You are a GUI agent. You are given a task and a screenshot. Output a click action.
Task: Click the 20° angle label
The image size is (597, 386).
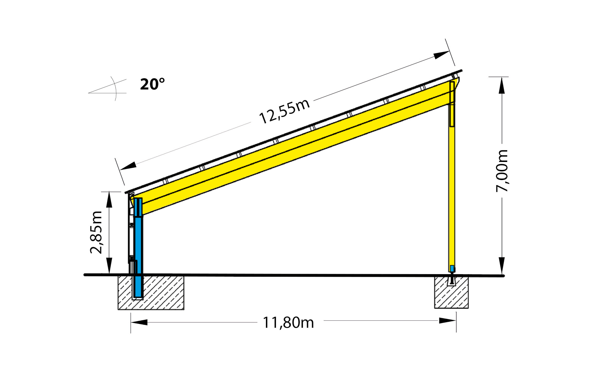pos(152,84)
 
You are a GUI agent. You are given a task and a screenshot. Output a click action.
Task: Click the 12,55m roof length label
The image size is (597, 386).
pos(284,111)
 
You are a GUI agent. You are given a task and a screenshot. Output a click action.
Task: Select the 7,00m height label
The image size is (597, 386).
pos(502,171)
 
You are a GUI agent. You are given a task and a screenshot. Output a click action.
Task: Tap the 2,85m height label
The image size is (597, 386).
pos(96,232)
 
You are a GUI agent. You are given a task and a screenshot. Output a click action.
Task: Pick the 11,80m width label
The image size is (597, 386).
pos(288,323)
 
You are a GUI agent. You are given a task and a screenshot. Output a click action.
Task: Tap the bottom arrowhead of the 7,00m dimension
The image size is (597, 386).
pos(501,266)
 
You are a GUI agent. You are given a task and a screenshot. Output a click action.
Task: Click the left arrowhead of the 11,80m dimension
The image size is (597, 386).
pos(139,322)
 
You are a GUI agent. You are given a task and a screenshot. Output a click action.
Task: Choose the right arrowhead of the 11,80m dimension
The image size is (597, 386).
pos(447,320)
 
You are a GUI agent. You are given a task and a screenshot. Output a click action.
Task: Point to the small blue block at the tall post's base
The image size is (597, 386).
pos(452,268)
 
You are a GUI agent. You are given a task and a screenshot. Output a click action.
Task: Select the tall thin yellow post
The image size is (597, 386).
pos(452,188)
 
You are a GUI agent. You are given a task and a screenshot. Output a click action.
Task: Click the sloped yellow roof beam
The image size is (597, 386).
pos(289,148)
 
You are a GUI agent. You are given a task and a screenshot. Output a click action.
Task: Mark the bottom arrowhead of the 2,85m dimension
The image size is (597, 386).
pos(109,266)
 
